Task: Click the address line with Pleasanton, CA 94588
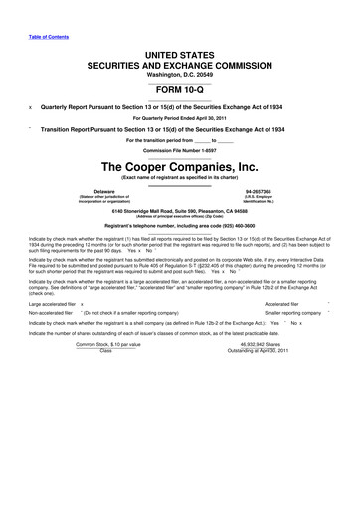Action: (x=180, y=210)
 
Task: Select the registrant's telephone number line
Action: (x=179, y=228)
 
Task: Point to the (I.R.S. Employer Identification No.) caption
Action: (x=259, y=197)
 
